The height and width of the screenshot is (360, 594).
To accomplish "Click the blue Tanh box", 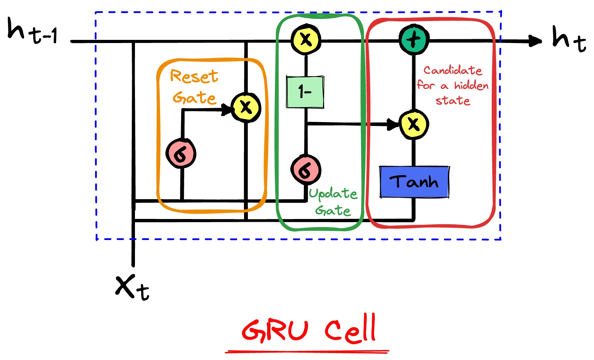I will coord(414,182).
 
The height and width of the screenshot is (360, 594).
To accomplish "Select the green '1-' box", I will coord(305,92).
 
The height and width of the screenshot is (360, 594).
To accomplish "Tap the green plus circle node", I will coord(414,39).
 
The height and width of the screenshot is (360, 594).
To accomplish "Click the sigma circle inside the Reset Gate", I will coord(181,154).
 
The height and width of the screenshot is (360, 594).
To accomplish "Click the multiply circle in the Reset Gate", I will coord(246,107).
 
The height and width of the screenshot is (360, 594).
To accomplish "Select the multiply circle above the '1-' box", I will coord(306,39).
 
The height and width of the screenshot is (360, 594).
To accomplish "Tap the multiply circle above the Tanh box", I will coord(414,124).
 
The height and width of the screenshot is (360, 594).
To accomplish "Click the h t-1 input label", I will coord(32,31).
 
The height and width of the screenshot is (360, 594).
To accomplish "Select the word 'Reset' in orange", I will coord(194,76).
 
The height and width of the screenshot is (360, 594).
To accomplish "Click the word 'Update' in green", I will coord(333,194).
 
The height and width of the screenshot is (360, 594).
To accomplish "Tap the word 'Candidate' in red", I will coord(453,70).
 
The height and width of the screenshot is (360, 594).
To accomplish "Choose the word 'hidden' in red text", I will coord(471,85).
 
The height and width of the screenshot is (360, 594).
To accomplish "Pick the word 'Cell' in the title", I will coord(351,329).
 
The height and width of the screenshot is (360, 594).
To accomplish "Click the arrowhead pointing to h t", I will coord(535,41).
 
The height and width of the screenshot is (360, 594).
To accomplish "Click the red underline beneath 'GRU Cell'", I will coord(307,351).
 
